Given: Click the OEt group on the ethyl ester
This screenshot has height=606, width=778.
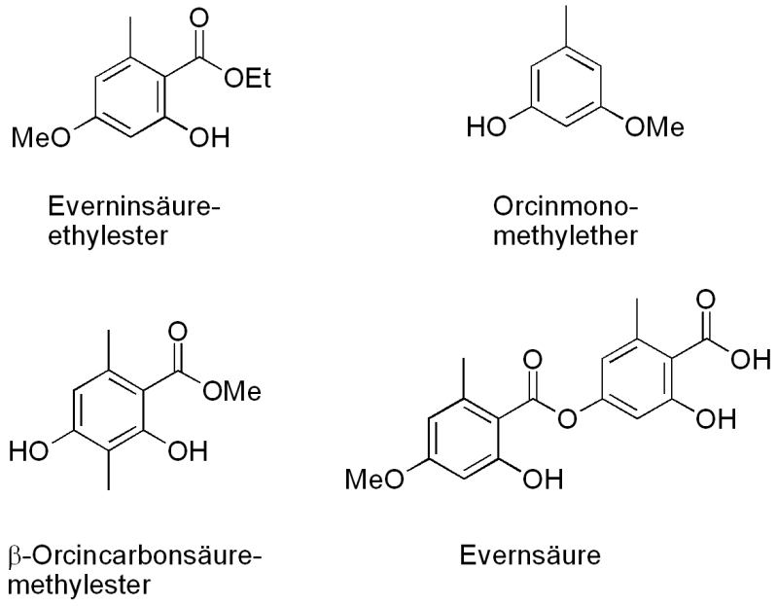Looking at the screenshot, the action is point(248,79).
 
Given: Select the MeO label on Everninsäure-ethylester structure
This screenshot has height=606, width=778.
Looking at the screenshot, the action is point(41,137).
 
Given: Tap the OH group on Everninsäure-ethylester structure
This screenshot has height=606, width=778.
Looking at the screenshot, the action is point(209,137).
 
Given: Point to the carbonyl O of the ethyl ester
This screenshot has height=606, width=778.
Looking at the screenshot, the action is point(199,18).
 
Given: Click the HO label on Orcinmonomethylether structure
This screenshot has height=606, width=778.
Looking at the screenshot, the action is point(486,126).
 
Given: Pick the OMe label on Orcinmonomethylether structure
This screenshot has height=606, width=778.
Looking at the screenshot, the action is point(654,126).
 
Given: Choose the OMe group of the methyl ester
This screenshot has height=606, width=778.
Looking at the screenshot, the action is point(231,391).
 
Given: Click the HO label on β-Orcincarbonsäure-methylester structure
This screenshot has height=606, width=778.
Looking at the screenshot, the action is point(29,451).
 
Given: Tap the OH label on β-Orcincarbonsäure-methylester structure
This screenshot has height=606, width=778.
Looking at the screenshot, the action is point(187,451).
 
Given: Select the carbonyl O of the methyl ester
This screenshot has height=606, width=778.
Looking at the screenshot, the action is point(177,332).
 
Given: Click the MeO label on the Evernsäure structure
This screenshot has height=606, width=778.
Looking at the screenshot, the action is point(374,480).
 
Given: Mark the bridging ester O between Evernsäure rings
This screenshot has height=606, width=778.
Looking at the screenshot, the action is point(567,418).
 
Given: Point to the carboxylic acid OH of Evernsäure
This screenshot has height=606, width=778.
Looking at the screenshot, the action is point(751,358).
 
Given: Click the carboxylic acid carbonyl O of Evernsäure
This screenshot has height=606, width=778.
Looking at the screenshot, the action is point(706,301).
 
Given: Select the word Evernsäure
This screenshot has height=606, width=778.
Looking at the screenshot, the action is point(530,554).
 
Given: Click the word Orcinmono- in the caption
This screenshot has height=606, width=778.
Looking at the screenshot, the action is point(565,206).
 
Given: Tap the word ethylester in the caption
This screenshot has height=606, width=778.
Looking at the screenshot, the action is point(108,236).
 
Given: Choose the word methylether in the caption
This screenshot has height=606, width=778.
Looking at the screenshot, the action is point(565,235).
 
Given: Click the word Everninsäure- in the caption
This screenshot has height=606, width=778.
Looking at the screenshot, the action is point(134,206).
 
